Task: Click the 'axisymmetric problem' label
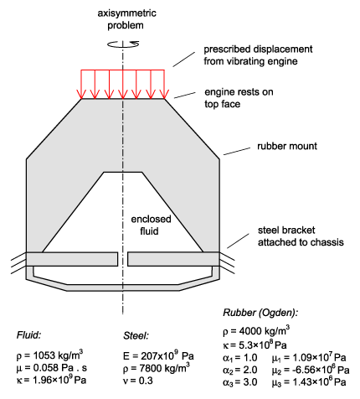tap(126, 19)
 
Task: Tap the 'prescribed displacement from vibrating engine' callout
tap(258, 55)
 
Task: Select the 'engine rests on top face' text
tap(239, 98)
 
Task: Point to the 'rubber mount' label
tap(287, 146)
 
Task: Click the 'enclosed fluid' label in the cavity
tap(151, 225)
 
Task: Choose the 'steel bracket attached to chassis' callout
tap(301, 236)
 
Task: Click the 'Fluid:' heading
tap(28, 334)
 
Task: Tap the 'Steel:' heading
tap(136, 335)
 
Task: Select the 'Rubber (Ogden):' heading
tap(260, 313)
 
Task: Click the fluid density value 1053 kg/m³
tap(49, 355)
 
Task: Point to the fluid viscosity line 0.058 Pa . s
tap(52, 368)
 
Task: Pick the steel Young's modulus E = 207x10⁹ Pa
tap(158, 355)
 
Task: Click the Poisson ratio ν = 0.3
tap(138, 381)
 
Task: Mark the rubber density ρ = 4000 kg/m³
tap(256, 331)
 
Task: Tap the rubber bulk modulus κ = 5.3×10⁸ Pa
tap(255, 345)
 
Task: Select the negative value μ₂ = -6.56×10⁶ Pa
tap(311, 370)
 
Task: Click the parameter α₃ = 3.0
tap(240, 382)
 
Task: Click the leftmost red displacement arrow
tap(81, 84)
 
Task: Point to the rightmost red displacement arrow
tap(164, 84)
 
